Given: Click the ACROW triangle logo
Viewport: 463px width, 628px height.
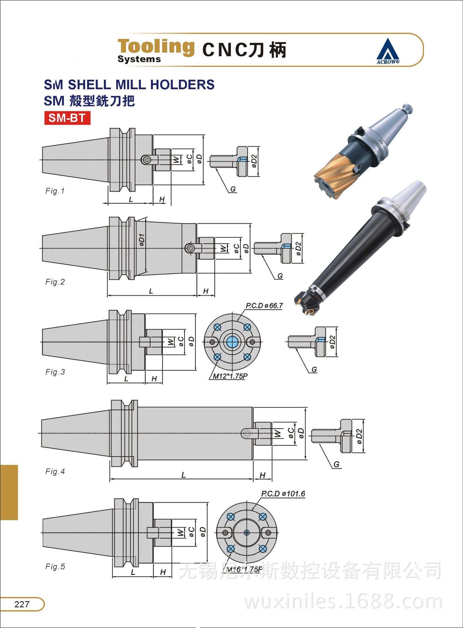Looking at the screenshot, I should tap(388, 51).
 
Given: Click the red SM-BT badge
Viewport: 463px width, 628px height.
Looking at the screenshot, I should tap(67, 118).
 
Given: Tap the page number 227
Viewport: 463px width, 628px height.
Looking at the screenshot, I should tap(22, 604).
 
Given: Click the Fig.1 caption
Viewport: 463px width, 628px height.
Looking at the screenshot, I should tap(55, 191).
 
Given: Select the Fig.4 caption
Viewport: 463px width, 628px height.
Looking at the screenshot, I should tap(55, 471).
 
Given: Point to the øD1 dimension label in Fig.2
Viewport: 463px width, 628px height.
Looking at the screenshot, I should tap(141, 240).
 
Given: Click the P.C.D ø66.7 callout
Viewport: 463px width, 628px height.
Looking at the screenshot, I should tap(264, 305).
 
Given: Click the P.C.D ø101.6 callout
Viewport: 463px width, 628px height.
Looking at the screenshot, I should tap(283, 494).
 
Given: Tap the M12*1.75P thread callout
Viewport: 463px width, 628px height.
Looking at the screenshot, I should tap(230, 376).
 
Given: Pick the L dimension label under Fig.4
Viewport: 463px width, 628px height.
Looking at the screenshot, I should tap(183, 475).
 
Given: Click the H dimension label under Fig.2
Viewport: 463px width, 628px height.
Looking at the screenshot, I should tap(206, 291).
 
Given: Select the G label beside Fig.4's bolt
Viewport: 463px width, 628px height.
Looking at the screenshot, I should tap(336, 464).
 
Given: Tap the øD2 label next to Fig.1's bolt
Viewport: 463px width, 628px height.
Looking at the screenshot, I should tap(254, 161).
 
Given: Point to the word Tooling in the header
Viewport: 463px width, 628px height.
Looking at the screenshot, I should tap(156, 46).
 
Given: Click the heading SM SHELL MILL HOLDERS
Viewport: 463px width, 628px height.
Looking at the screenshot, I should tap(129, 85).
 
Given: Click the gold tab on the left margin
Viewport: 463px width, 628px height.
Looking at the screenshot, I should tap(9, 492).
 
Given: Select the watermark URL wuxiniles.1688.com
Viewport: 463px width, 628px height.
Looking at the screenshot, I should tap(343, 602).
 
